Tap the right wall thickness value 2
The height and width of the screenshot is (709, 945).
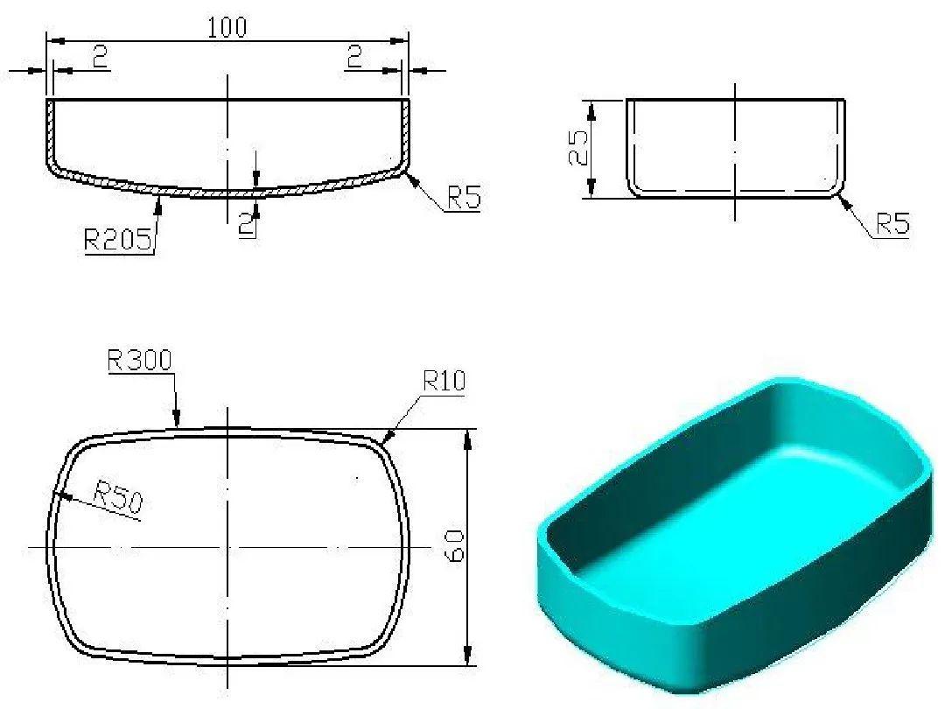354,58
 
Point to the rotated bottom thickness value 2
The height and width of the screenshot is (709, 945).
247,224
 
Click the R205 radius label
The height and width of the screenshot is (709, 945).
119,239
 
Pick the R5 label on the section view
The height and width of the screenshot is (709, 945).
464,199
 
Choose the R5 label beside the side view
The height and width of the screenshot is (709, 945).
892,225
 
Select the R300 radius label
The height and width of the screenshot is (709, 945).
140,360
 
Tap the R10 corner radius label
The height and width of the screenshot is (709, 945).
444,381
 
